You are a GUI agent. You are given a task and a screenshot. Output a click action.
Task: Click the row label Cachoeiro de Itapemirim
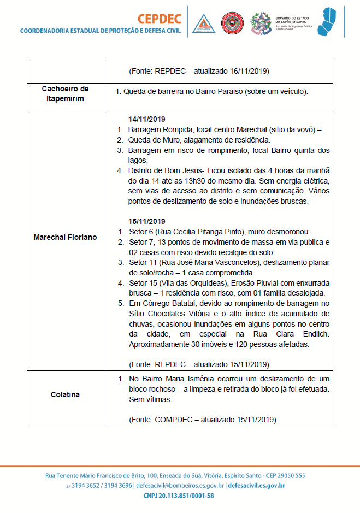[x=65, y=93]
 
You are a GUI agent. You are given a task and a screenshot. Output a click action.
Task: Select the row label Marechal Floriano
[x=65, y=237]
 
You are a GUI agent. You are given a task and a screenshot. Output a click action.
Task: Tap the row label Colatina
[x=65, y=394]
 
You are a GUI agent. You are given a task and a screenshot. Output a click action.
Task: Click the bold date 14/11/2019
[x=146, y=119]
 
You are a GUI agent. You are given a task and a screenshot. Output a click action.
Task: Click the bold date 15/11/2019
[x=146, y=221]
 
